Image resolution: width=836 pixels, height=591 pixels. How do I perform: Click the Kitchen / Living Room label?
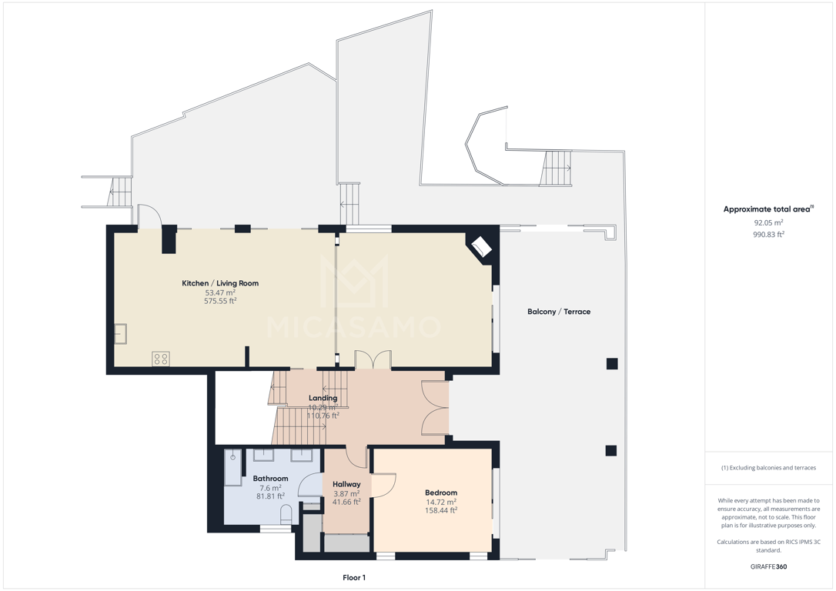tap(220, 283)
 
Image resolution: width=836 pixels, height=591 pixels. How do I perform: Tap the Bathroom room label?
tap(270, 479)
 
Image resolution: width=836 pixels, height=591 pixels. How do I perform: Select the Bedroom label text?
tap(441, 493)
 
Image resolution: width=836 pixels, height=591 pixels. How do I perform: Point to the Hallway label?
tap(346, 484)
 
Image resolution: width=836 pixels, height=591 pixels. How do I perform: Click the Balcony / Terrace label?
tap(559, 312)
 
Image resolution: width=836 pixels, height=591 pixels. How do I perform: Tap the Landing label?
tap(323, 398)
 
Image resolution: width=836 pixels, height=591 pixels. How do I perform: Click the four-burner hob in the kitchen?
tap(161, 359)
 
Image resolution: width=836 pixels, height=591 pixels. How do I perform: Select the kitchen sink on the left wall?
tap(121, 334)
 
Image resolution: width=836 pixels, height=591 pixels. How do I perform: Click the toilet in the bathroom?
tap(286, 514)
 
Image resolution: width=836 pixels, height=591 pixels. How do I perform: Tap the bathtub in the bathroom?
tap(233, 467)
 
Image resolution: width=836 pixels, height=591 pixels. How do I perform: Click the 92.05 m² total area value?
tap(768, 222)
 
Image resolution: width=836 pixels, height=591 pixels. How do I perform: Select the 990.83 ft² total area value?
tap(768, 234)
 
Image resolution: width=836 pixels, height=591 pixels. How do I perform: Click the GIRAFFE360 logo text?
tap(768, 566)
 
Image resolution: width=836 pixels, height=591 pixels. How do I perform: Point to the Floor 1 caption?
tap(354, 578)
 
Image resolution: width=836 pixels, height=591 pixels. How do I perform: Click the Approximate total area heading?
tap(767, 209)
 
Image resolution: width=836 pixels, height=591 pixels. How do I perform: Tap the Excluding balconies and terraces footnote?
tap(768, 468)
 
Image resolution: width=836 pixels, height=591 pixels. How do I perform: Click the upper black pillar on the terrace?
tap(611, 364)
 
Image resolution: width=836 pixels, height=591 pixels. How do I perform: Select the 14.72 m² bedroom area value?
tap(441, 502)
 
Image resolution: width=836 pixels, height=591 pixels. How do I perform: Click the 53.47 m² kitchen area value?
tap(220, 292)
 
